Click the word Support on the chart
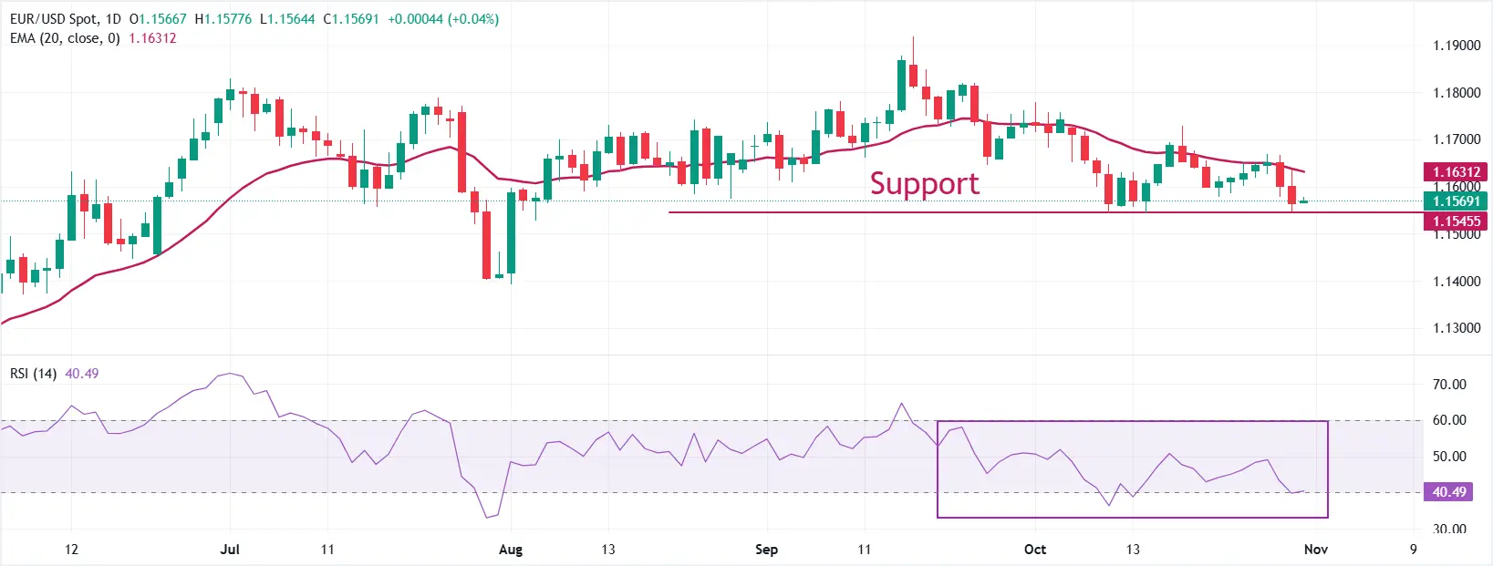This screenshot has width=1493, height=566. (924, 184)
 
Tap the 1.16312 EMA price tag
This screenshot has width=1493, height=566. (1456, 171)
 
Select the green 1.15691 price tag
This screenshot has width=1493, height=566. (1456, 201)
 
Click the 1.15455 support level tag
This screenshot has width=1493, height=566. (1456, 221)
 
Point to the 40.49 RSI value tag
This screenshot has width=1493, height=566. (1448, 492)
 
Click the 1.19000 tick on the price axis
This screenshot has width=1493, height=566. (1456, 46)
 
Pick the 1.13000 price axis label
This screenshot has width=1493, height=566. (1456, 328)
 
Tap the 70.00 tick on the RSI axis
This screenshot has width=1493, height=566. (1449, 385)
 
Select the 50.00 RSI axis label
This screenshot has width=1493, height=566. (1449, 457)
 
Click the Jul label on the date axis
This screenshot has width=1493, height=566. (230, 550)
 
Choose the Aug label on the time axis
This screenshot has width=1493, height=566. (511, 550)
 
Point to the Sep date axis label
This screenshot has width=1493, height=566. (766, 550)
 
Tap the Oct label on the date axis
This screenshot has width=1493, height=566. (1035, 550)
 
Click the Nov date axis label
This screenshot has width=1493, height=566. (1315, 550)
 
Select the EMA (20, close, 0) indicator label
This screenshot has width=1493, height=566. (65, 38)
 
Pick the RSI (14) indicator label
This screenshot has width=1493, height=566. (33, 374)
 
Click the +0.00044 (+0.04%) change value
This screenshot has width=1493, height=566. (443, 19)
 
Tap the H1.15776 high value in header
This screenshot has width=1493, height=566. (223, 19)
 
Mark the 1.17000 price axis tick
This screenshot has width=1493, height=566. (1456, 139)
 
